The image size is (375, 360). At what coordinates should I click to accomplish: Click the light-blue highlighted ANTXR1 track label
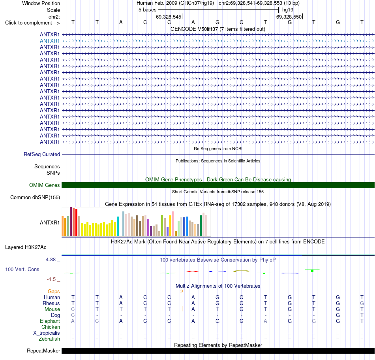[50, 41]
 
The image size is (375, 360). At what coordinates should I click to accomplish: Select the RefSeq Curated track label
[42, 155]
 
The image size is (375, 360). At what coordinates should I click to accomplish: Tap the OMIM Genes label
[45, 185]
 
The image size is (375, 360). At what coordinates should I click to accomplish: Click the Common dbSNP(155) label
[35, 198]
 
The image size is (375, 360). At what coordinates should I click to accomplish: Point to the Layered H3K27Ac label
[26, 247]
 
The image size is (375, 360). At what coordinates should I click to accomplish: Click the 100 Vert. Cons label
[22, 270]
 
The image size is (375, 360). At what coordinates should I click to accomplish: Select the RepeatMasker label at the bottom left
[43, 351]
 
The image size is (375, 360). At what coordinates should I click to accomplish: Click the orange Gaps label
[54, 292]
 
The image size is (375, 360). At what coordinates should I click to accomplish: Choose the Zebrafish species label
[49, 339]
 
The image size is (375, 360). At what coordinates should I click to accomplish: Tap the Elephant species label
[50, 321]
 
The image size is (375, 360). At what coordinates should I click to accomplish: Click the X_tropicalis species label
[47, 333]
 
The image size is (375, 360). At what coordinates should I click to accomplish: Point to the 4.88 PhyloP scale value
[51, 260]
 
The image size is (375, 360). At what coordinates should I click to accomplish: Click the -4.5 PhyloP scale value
[51, 279]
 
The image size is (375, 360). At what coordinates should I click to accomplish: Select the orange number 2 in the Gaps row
[182, 292]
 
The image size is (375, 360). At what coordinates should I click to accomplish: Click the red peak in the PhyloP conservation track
[193, 271]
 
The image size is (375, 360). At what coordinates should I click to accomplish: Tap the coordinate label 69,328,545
[169, 17]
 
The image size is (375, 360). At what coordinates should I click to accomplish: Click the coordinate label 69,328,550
[289, 17]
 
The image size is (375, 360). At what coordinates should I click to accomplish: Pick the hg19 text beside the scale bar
[288, 10]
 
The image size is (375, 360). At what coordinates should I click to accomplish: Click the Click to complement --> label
[32, 23]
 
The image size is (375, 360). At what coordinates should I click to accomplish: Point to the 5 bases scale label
[147, 10]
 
